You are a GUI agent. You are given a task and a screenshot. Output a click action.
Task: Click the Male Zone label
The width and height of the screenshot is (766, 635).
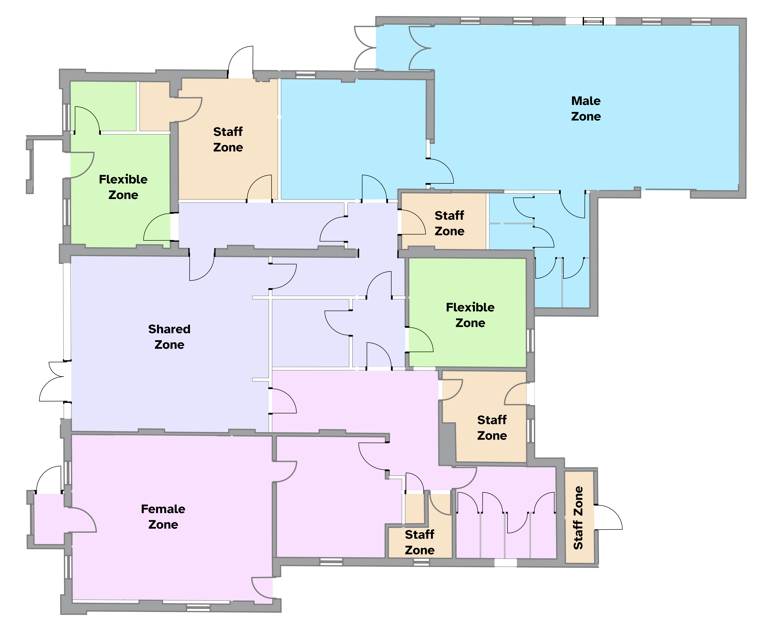coord(586,108)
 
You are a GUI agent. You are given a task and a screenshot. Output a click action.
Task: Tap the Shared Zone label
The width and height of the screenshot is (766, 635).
coord(169,337)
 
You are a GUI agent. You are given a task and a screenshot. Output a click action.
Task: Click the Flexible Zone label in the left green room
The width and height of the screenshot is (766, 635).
coord(123,187)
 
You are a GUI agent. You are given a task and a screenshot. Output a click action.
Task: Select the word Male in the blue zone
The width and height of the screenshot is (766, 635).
coord(586,101)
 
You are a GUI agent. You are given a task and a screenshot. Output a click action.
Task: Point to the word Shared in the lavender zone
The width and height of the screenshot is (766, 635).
coord(169,329)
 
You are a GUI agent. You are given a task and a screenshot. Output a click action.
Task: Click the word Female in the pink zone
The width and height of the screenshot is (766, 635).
coord(163,509)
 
